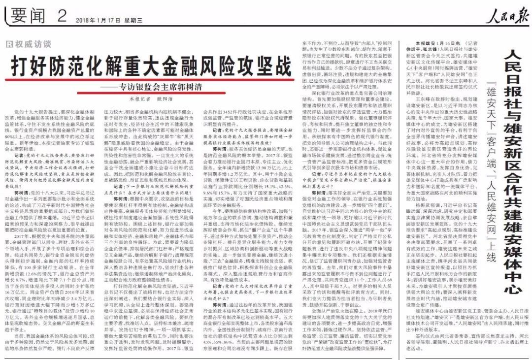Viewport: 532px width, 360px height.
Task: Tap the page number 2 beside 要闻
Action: coord(62,16)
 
